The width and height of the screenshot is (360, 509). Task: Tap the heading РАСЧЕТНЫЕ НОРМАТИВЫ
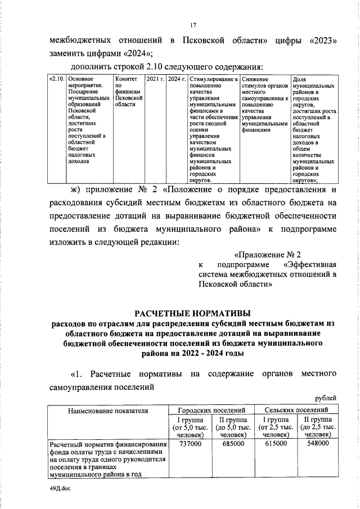(193, 312)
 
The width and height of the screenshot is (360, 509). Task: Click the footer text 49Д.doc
(59, 488)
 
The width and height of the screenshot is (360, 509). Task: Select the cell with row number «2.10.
(57, 79)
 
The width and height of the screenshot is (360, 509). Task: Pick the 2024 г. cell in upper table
(177, 79)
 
